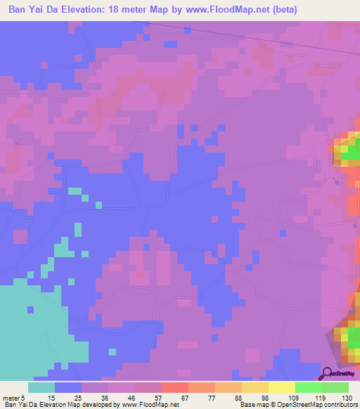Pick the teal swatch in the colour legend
pyautogui.click(x=41, y=387)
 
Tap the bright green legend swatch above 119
pyautogui.click(x=309, y=387)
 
